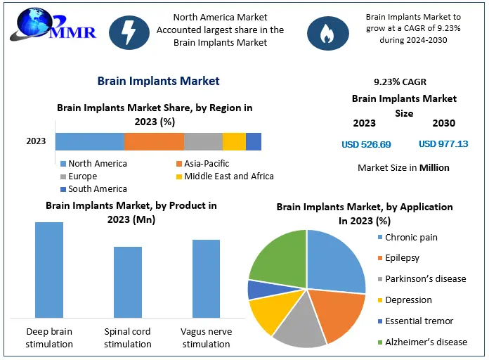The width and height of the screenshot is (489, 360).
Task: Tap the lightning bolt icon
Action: (129, 32)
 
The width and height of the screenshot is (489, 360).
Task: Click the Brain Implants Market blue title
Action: (158, 81)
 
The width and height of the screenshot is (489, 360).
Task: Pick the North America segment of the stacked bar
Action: (90, 141)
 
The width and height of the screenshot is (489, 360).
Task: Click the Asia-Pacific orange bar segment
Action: (154, 141)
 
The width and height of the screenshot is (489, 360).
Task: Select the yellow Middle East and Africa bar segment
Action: (234, 141)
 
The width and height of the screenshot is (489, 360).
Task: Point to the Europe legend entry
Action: (84, 176)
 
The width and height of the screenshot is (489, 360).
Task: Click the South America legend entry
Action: (93, 188)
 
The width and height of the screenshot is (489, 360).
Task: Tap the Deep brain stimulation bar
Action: (49, 270)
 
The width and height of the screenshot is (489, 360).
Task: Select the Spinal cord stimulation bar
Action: (127, 282)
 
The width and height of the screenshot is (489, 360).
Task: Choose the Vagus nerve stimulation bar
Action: (206, 278)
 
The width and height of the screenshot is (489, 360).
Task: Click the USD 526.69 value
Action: (366, 144)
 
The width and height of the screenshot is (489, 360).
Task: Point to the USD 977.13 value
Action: (443, 144)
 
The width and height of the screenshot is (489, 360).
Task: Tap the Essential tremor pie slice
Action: (259, 289)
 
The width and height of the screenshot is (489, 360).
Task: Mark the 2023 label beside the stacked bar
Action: (36, 141)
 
